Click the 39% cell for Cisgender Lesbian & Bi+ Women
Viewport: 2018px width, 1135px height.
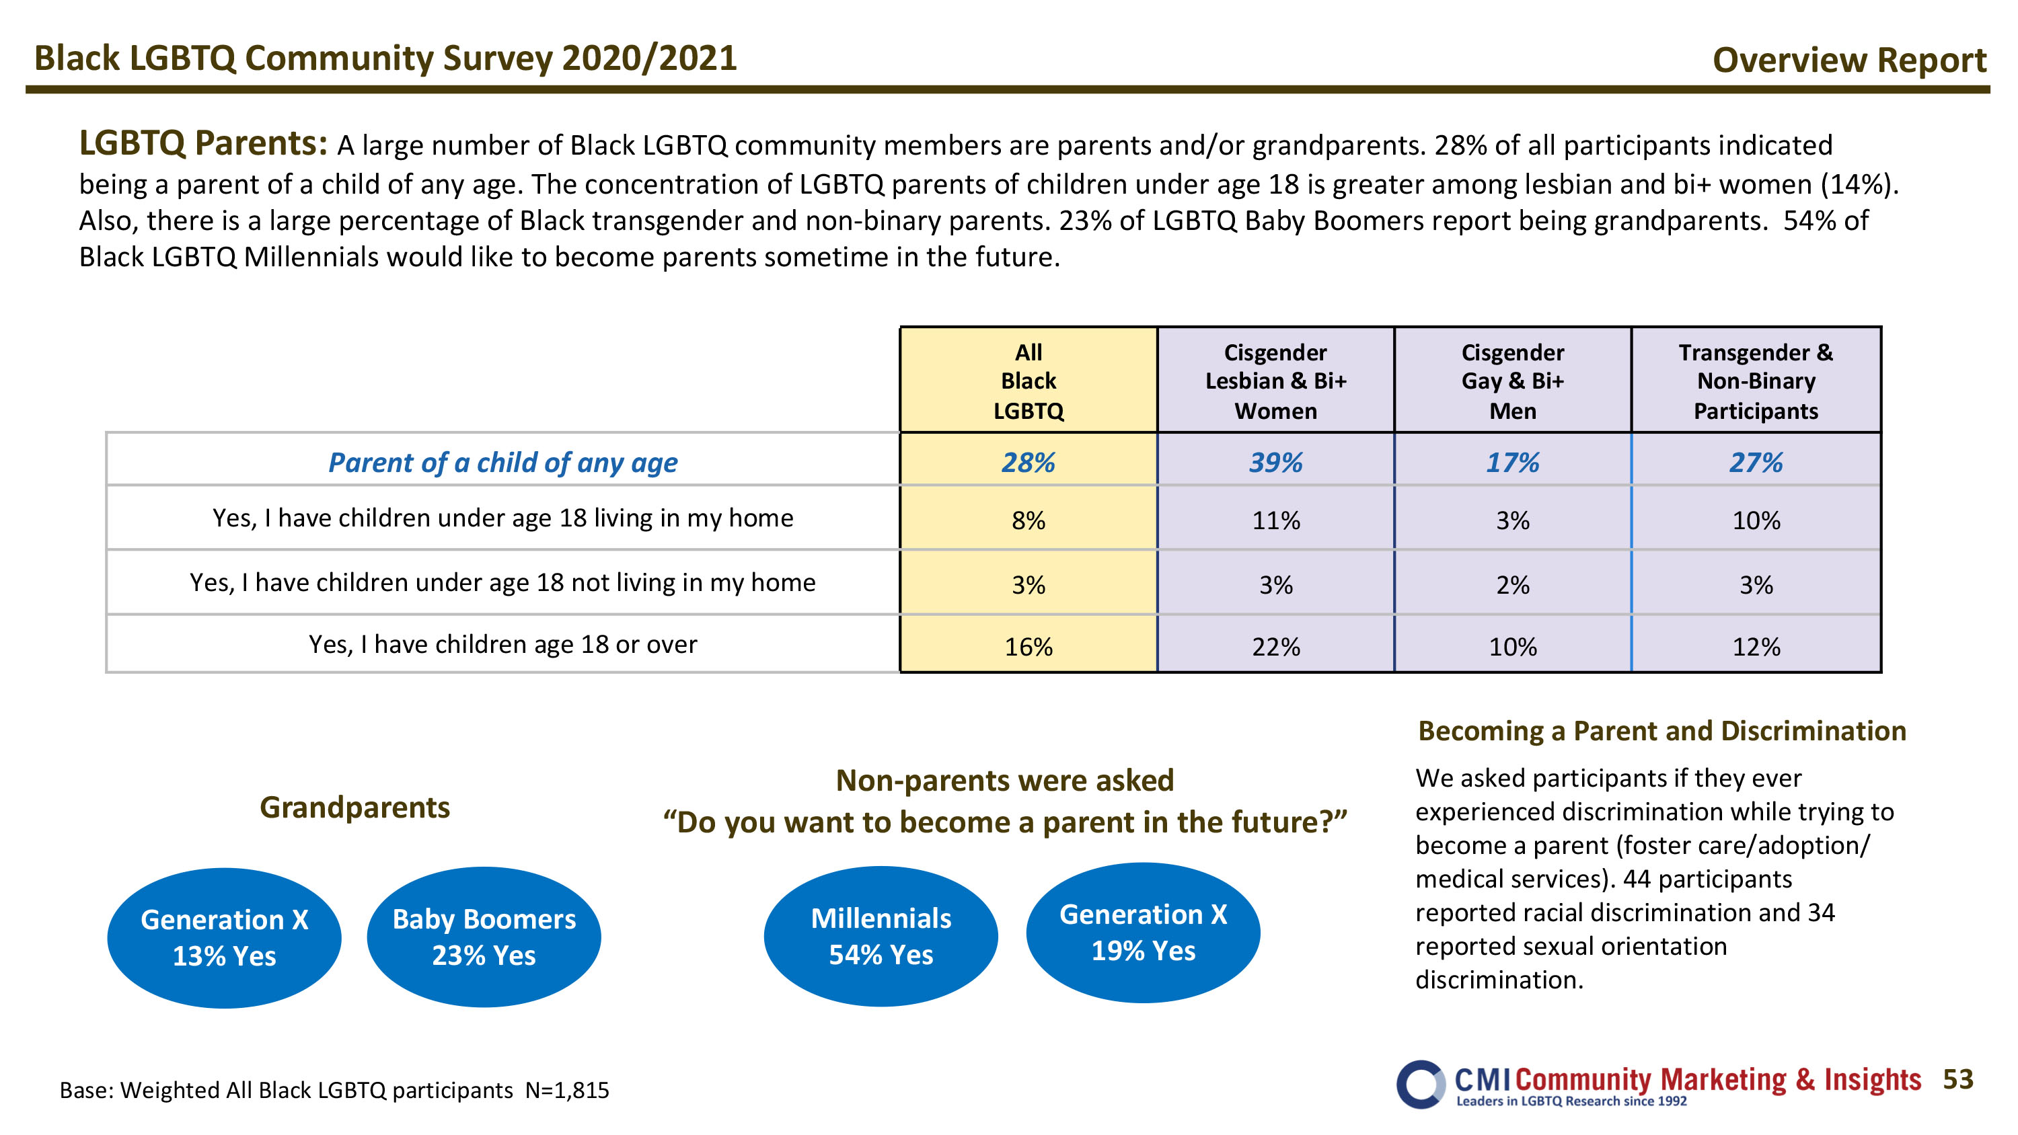[1275, 462]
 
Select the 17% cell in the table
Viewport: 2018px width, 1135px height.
[1513, 462]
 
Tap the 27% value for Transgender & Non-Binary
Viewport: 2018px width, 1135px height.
[1756, 462]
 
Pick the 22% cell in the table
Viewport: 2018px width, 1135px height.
[1275, 645]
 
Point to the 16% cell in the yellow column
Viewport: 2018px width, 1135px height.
[1029, 645]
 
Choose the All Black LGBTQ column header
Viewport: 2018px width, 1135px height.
[1029, 381]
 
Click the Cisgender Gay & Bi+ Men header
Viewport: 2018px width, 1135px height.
[1513, 381]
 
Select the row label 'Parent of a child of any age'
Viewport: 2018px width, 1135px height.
[503, 462]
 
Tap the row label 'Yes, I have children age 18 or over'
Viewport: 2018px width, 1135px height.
[503, 644]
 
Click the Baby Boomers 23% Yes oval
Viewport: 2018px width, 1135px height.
[484, 937]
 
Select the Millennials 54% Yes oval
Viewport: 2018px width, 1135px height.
[881, 936]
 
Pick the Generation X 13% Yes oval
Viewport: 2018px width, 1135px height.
[224, 937]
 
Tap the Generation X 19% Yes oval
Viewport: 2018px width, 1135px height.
[1143, 933]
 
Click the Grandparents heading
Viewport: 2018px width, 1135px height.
[355, 808]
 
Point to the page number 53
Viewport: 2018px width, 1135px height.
[1957, 1079]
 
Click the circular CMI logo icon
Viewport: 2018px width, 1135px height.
[1420, 1085]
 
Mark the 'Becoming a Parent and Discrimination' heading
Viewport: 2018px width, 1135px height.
[1662, 731]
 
